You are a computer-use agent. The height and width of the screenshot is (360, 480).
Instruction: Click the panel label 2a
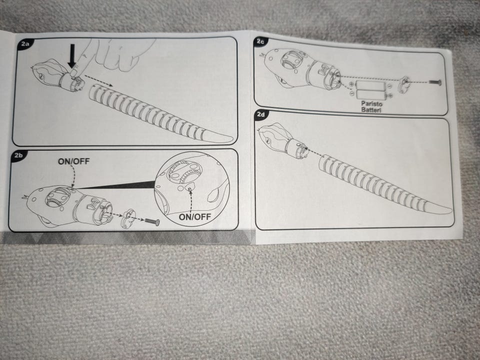25,44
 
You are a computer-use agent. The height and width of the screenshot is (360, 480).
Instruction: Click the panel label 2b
18,155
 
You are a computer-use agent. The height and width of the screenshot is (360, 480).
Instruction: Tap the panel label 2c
260,41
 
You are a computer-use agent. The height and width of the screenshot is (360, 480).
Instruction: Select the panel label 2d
261,115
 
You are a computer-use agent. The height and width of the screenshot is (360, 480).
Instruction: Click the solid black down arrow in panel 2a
72,56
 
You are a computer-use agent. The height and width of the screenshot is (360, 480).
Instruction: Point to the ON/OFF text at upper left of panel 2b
74,161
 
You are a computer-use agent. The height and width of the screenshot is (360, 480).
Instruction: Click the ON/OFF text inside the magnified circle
194,216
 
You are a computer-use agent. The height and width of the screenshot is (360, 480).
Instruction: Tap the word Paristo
371,104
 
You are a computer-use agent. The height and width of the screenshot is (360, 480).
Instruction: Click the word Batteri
371,109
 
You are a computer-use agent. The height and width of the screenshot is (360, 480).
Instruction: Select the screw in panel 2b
152,221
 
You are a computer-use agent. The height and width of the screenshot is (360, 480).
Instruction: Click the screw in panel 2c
434,82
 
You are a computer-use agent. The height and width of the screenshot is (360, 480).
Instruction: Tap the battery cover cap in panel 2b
128,217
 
